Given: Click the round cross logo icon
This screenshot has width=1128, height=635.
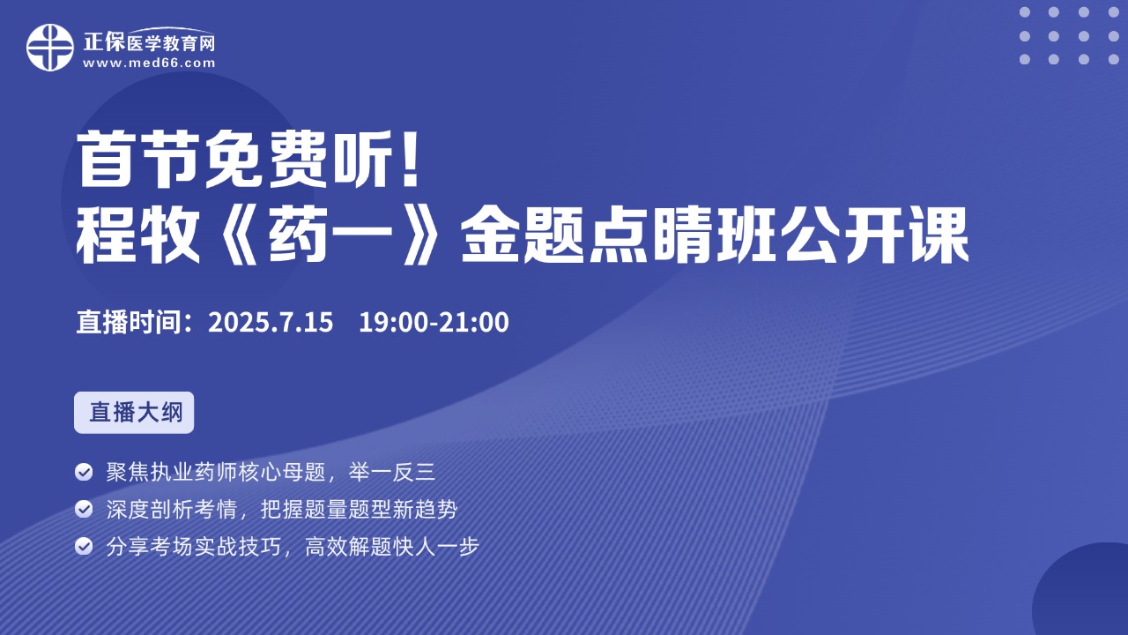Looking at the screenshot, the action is point(50,48).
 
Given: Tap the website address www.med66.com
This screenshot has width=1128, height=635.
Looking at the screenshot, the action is point(149,63).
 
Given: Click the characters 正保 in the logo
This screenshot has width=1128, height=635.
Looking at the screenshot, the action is point(104,41).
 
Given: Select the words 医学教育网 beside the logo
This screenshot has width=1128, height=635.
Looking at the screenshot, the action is point(171,44).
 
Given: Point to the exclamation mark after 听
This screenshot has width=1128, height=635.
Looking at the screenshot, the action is point(412,160).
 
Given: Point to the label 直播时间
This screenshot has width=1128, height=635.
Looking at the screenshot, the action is point(129,322).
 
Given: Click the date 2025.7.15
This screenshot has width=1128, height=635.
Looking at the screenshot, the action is point(271,322).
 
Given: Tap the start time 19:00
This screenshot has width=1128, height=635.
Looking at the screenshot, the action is point(393,322).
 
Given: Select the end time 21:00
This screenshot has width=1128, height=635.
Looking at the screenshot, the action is point(474,322).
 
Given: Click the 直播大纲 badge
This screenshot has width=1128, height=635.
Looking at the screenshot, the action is point(134,412).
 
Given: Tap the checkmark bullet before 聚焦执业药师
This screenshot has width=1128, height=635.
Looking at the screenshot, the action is point(84,472).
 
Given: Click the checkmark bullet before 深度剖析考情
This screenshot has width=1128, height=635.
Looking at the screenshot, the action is point(84,509).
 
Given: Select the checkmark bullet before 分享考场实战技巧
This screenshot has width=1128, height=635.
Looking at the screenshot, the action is point(84,546).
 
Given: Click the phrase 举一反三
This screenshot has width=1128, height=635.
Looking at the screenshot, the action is point(391,472).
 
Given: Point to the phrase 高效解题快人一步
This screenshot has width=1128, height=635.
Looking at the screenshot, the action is point(392,546).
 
